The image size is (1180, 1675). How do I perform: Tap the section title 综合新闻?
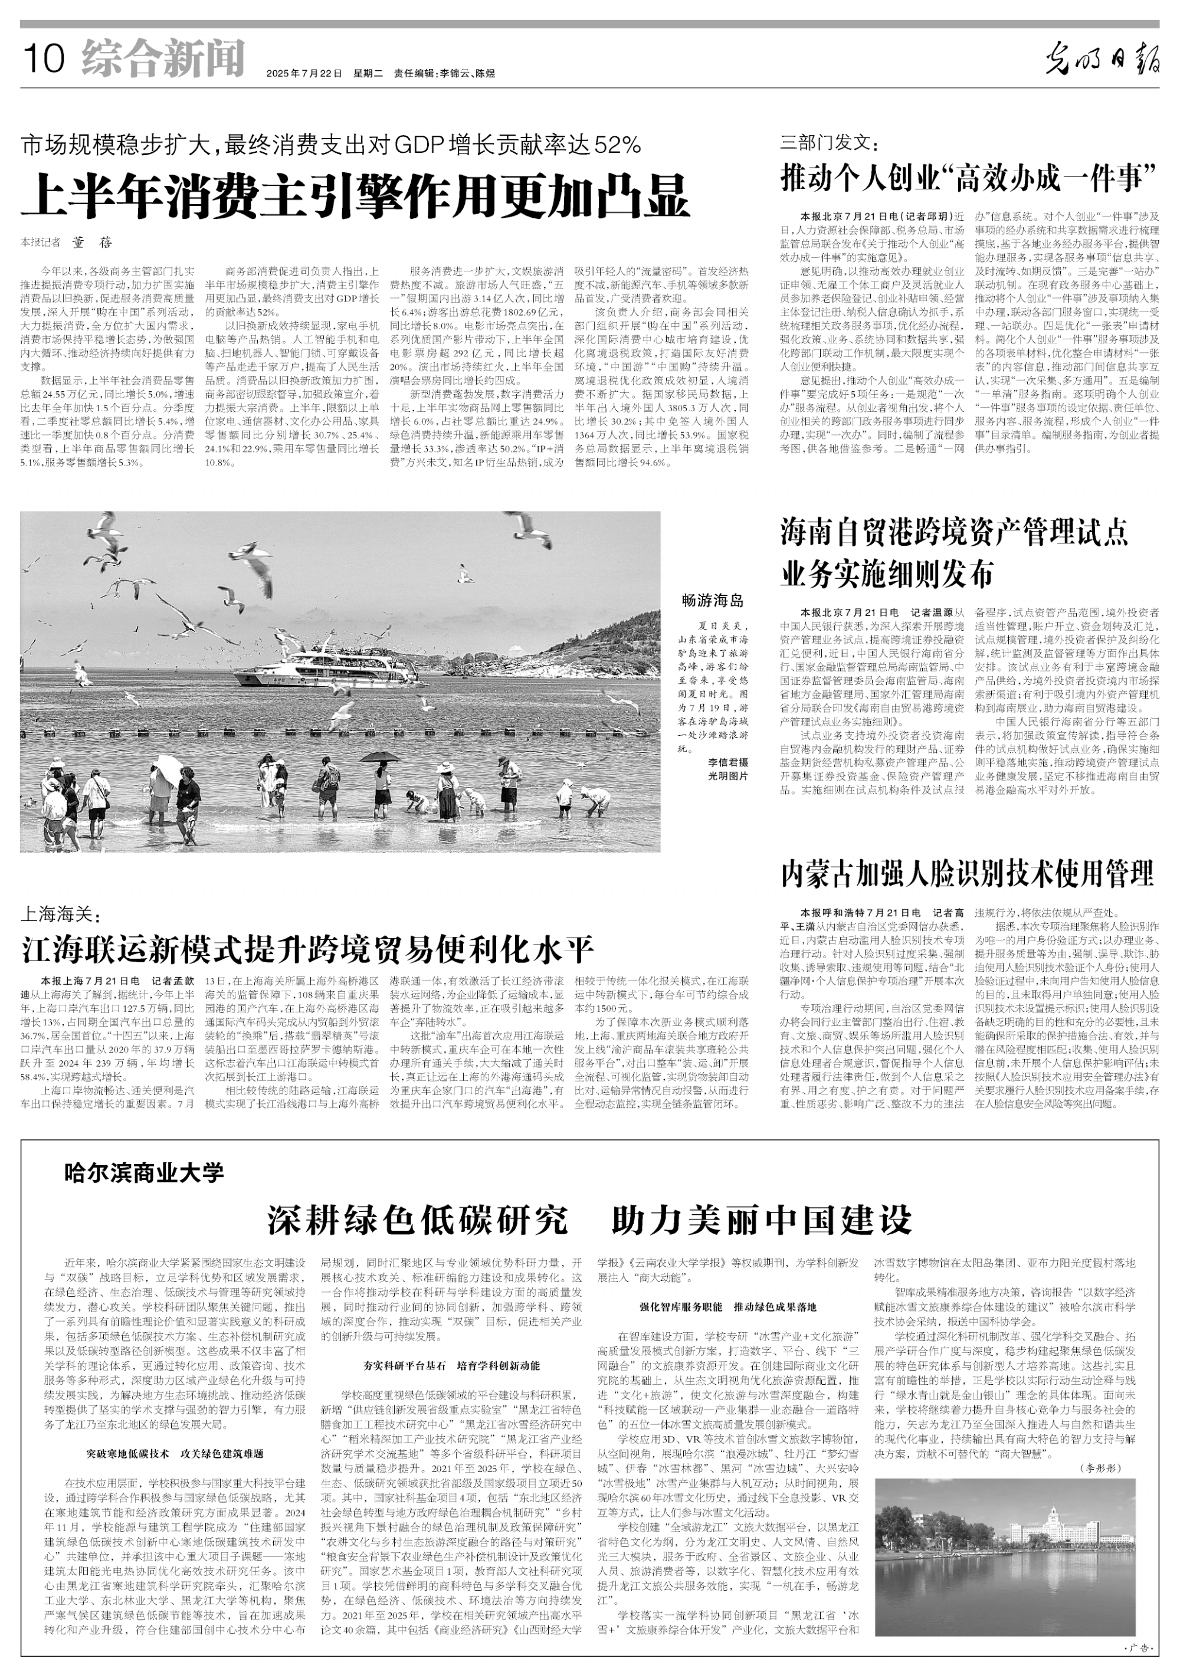(x=163, y=58)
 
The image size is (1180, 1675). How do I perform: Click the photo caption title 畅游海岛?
(x=712, y=601)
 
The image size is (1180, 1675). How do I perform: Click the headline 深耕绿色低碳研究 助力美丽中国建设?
(x=589, y=1219)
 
